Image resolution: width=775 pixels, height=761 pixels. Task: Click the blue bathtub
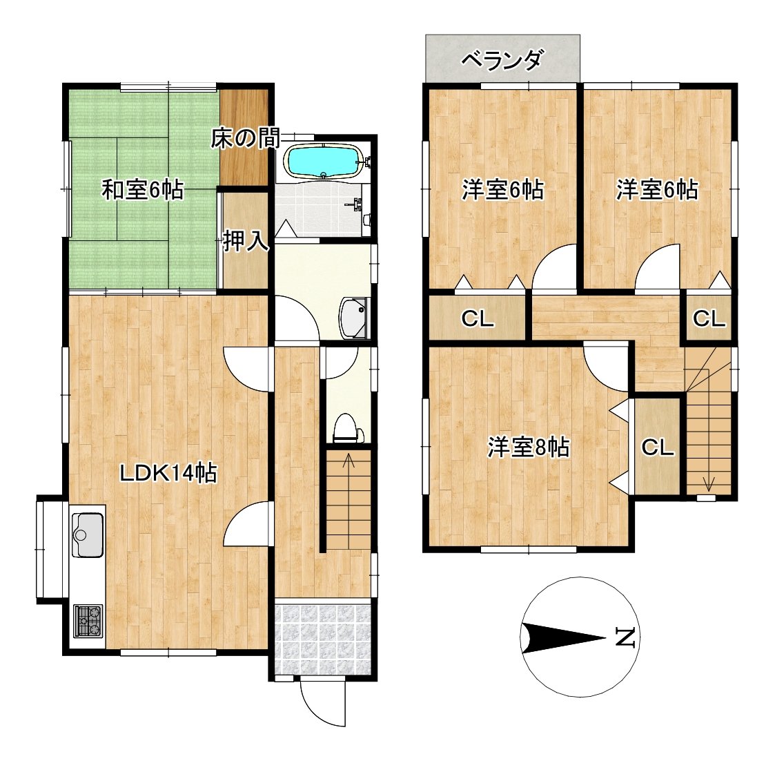pyautogui.click(x=323, y=161)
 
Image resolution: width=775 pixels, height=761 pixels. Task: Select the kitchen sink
pyautogui.click(x=88, y=534)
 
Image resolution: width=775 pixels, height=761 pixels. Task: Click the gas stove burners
pyautogui.click(x=88, y=621)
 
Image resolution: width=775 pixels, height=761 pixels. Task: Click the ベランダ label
pyautogui.click(x=502, y=60)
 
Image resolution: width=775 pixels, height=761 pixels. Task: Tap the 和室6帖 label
pyautogui.click(x=143, y=190)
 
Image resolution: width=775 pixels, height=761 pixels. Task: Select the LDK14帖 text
pyautogui.click(x=169, y=473)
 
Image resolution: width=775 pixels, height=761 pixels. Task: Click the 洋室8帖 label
pyautogui.click(x=529, y=447)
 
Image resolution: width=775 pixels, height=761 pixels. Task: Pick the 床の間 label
pyautogui.click(x=245, y=138)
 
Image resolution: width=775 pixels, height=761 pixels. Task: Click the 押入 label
pyautogui.click(x=246, y=242)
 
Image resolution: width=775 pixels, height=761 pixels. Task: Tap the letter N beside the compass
pyautogui.click(x=625, y=637)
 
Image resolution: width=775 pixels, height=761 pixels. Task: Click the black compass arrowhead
pyautogui.click(x=563, y=638)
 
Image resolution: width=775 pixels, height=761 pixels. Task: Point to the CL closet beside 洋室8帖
pyautogui.click(x=658, y=447)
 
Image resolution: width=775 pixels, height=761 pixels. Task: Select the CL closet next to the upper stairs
pyautogui.click(x=708, y=318)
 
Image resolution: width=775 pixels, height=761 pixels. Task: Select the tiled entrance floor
pyautogui.click(x=322, y=638)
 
